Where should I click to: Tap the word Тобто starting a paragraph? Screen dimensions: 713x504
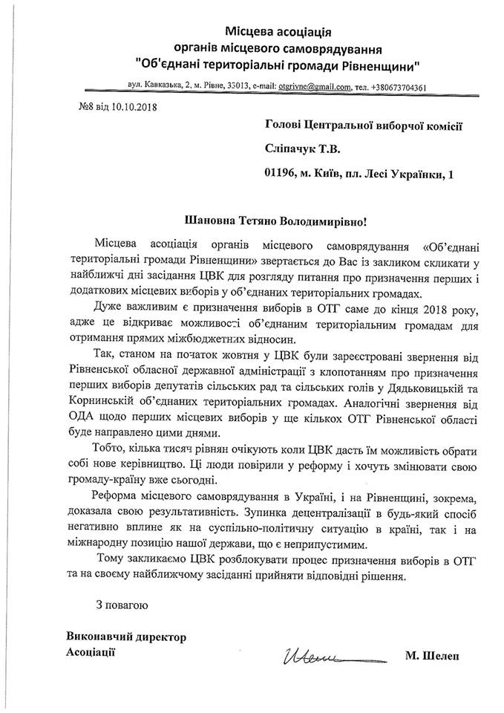point(111,452)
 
